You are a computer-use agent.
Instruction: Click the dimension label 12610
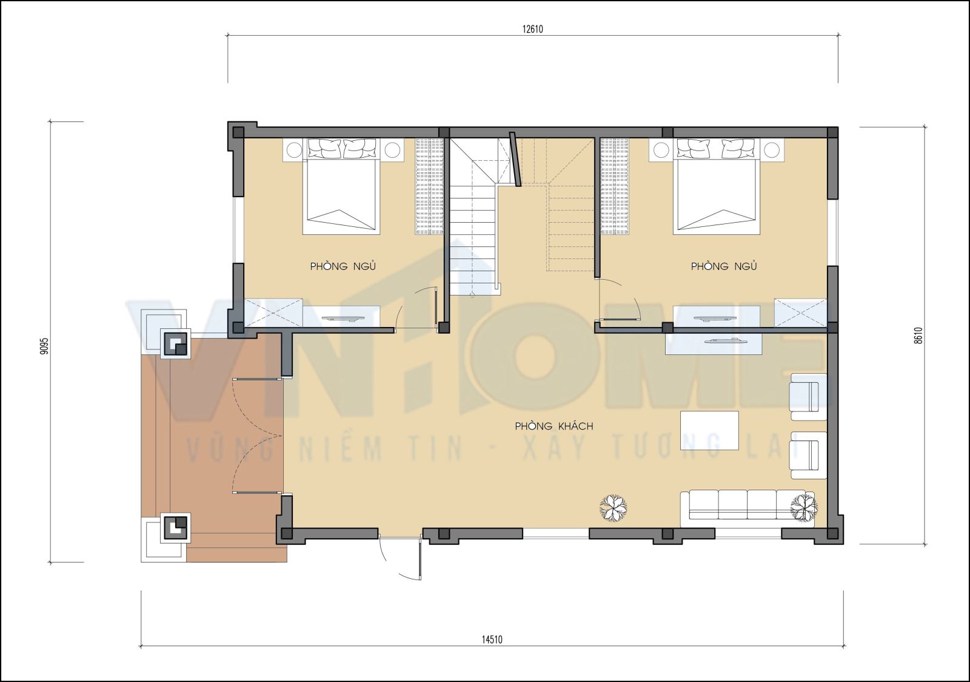533,29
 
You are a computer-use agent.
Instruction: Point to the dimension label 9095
44,346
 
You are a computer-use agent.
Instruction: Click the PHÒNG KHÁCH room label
554,427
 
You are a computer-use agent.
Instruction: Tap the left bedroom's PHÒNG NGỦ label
343,266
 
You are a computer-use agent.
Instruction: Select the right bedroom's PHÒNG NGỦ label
724,266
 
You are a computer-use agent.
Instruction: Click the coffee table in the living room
710,430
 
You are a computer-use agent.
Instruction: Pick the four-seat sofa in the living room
748,509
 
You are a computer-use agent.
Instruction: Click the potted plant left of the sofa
614,508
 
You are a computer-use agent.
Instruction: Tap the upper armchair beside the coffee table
809,396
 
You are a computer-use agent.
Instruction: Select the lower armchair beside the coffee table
809,455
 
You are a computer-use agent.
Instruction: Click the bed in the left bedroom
341,186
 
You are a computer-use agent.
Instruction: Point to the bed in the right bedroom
716,186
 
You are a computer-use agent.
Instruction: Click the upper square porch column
175,344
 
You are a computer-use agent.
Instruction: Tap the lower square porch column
175,527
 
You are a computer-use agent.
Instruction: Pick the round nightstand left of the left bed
295,150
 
